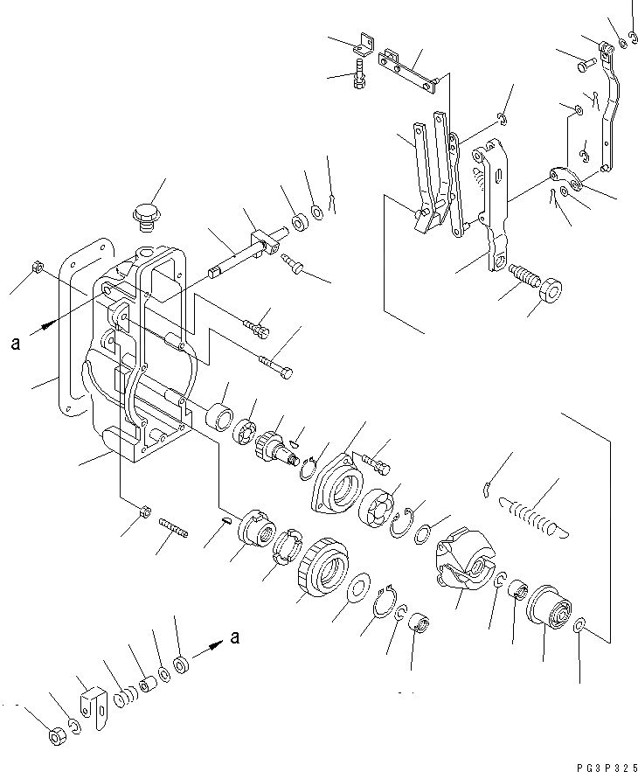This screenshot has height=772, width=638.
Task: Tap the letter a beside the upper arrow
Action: (15, 344)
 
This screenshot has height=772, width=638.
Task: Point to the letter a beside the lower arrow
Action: (233, 638)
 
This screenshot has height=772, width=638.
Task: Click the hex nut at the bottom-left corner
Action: (56, 737)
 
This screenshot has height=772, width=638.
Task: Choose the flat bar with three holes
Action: (409, 69)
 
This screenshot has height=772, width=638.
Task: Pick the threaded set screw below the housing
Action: (176, 530)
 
